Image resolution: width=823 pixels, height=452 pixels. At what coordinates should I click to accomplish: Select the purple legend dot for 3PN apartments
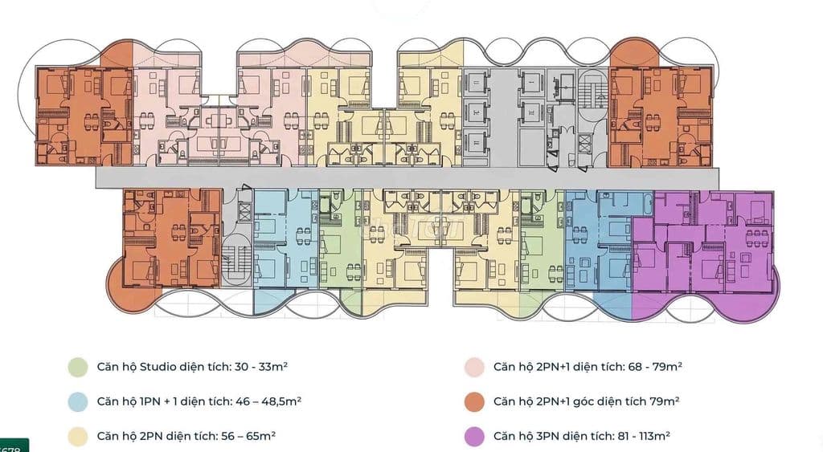pyautogui.click(x=473, y=437)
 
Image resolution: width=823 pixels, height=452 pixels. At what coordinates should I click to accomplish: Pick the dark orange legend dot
pyautogui.click(x=473, y=401)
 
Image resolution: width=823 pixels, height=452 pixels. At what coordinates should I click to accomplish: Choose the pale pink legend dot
pyautogui.click(x=473, y=367)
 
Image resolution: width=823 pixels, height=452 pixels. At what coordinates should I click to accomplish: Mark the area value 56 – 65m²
pyautogui.click(x=248, y=437)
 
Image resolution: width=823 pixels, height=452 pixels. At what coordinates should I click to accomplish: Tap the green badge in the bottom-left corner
pyautogui.click(x=14, y=445)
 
